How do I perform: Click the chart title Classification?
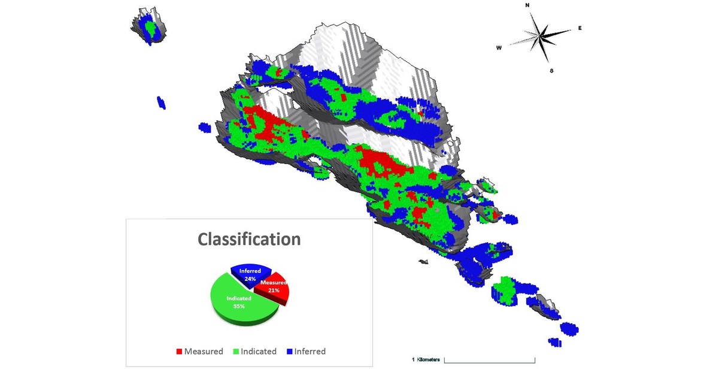[x=249, y=239]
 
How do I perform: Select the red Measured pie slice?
[x=277, y=290]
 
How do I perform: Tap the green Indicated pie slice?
[x=239, y=303]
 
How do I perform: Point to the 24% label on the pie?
[x=250, y=279]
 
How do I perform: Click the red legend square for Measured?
[x=179, y=352]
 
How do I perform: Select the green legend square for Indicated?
[x=235, y=352]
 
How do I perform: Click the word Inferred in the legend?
[x=309, y=352]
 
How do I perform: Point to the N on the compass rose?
[x=527, y=5]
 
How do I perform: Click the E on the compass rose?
[x=579, y=28]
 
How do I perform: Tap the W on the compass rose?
[x=499, y=48]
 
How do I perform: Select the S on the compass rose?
[x=551, y=71]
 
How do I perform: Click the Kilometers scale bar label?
[x=428, y=359]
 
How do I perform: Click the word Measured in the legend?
[x=204, y=352]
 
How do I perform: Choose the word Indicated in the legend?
[x=259, y=352]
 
